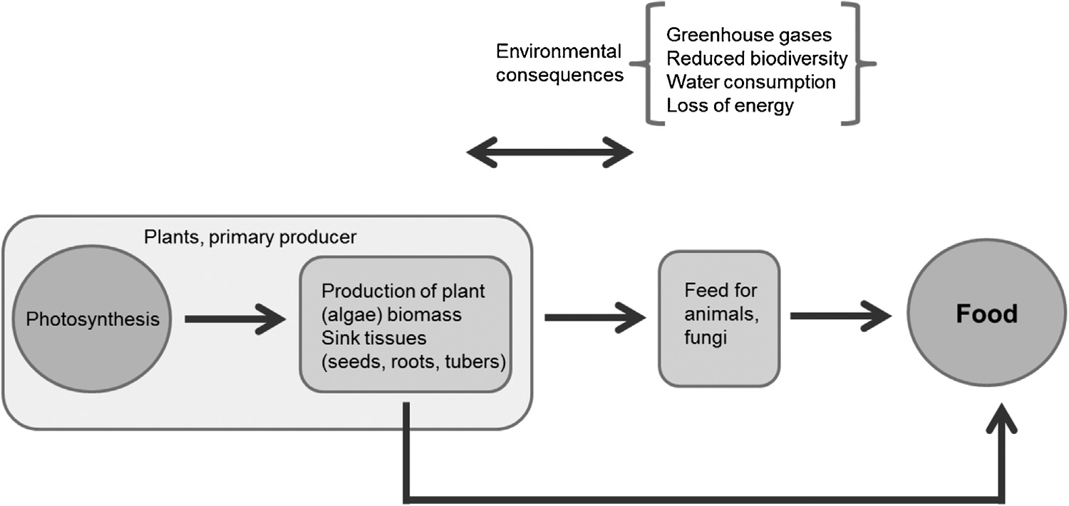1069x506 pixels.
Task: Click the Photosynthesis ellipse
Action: (x=93, y=319)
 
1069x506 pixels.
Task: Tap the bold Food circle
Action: (x=987, y=314)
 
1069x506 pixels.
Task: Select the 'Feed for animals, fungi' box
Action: (x=719, y=318)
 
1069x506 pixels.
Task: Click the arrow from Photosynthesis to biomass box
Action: (x=234, y=319)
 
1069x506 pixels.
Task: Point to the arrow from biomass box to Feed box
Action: (x=595, y=315)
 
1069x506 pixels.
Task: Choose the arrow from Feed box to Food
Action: (x=841, y=315)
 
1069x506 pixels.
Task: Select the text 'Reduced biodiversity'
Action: (x=757, y=58)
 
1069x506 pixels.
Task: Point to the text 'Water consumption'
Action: (x=750, y=82)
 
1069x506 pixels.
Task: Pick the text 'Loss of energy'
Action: (x=730, y=106)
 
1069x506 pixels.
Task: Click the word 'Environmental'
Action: (x=559, y=51)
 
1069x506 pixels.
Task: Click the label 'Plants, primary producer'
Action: (x=250, y=237)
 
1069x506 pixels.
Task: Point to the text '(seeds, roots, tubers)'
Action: (x=413, y=361)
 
